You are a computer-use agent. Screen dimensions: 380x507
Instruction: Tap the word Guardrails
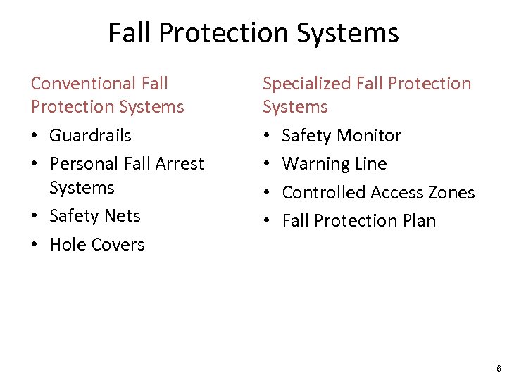pyautogui.click(x=90, y=135)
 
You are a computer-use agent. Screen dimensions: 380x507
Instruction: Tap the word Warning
pyautogui.click(x=314, y=164)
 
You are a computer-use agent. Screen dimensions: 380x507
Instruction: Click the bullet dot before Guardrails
pyautogui.click(x=35, y=136)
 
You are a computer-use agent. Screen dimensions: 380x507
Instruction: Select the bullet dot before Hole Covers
pyautogui.click(x=35, y=245)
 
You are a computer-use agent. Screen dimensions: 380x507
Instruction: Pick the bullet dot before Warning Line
pyautogui.click(x=267, y=165)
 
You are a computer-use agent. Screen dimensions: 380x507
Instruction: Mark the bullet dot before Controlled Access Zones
pyautogui.click(x=267, y=193)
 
